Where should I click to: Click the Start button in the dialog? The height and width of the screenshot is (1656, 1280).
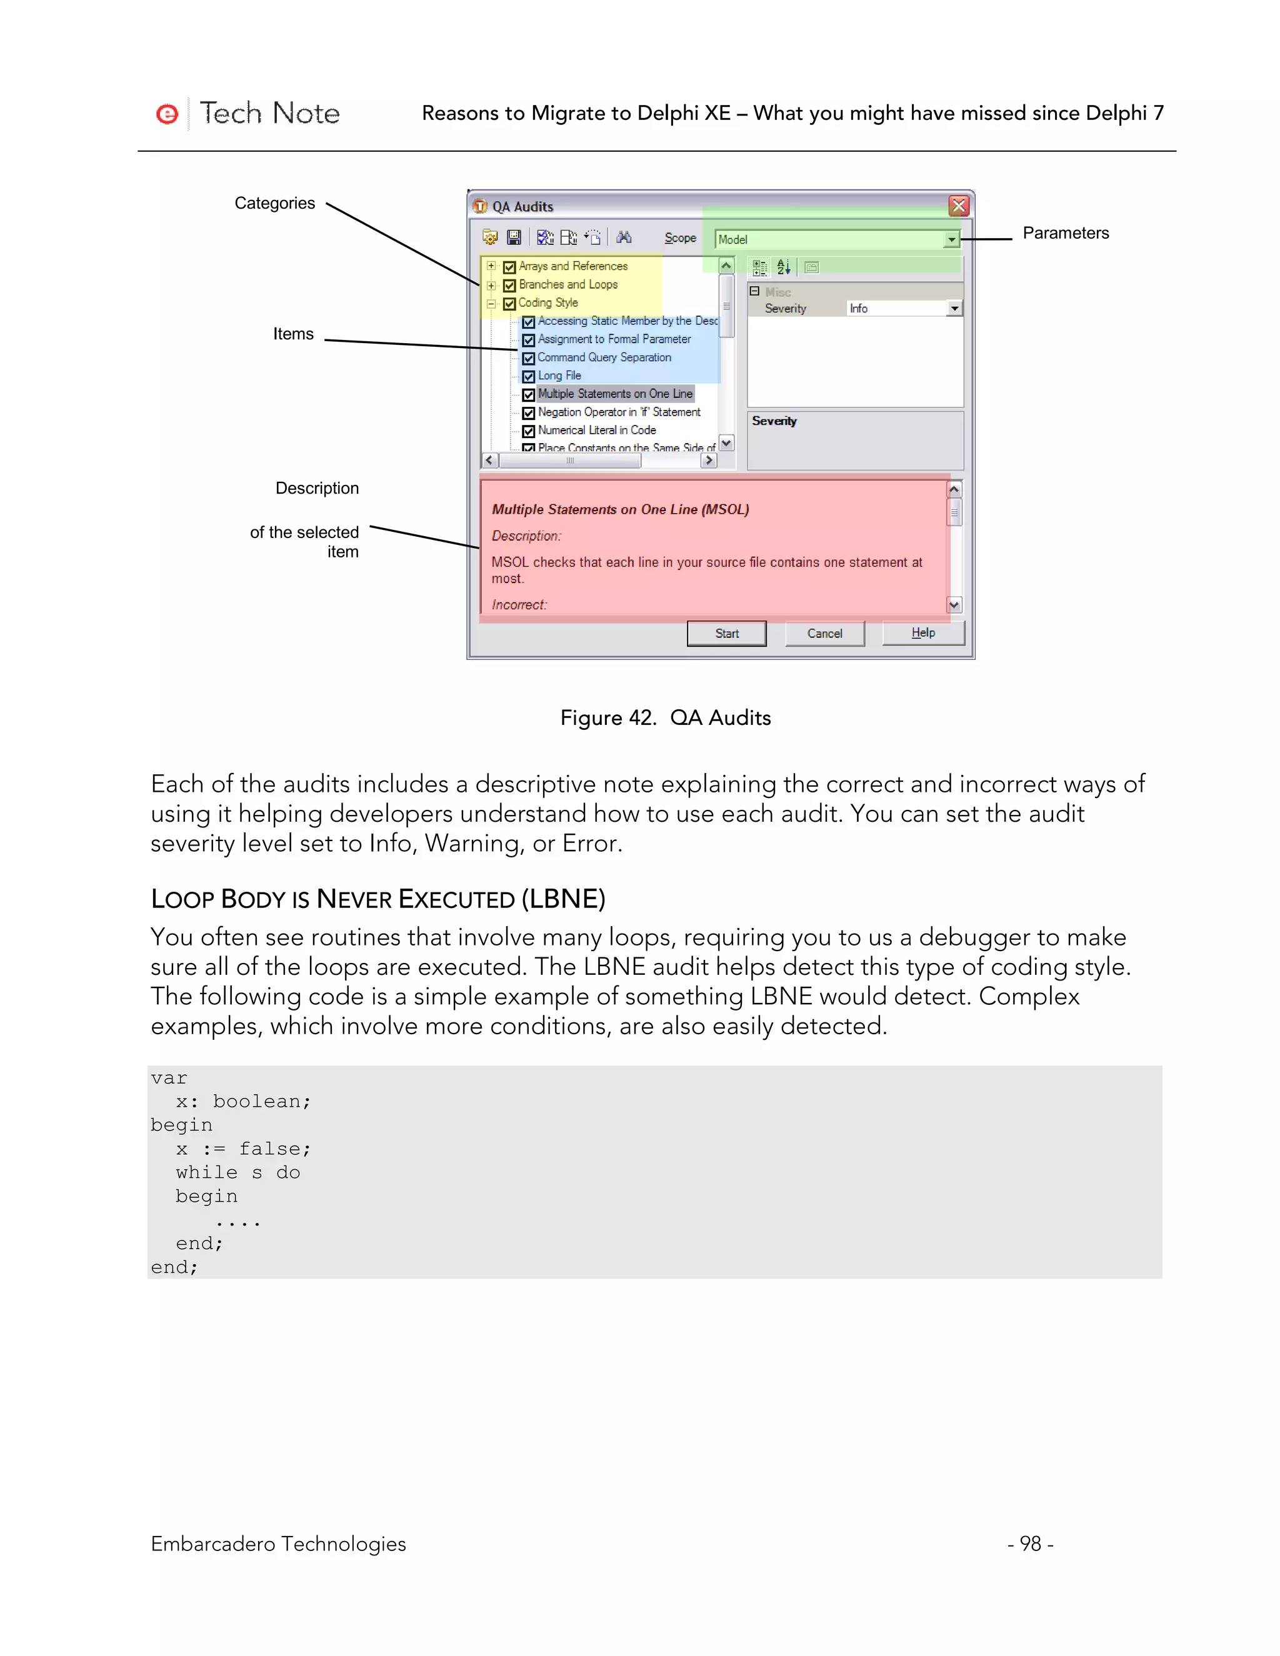click(x=726, y=633)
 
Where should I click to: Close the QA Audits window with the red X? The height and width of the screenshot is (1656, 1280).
click(x=959, y=206)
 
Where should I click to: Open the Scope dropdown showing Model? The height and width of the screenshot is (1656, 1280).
click(x=951, y=239)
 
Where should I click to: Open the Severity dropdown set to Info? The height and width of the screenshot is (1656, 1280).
click(x=954, y=309)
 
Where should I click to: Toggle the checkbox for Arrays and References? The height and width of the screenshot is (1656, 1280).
click(x=509, y=267)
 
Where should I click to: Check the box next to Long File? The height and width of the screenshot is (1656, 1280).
click(x=529, y=376)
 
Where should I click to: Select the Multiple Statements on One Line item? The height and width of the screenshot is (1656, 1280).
click(x=615, y=394)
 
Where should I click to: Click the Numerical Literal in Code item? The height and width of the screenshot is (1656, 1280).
click(x=597, y=430)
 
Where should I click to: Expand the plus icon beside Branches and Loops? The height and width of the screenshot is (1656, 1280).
click(x=491, y=285)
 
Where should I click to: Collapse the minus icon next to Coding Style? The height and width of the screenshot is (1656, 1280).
click(x=491, y=303)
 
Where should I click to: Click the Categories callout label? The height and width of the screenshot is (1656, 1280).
click(x=274, y=203)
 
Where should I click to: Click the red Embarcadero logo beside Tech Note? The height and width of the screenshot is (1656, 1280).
click(x=167, y=114)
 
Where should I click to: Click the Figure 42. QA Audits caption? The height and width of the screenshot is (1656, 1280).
click(x=665, y=717)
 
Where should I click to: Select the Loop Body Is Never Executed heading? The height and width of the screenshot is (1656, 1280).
click(x=377, y=899)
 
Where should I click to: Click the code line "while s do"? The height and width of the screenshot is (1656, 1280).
click(x=238, y=1172)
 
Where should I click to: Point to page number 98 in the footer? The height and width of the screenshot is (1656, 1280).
click(x=1030, y=1543)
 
